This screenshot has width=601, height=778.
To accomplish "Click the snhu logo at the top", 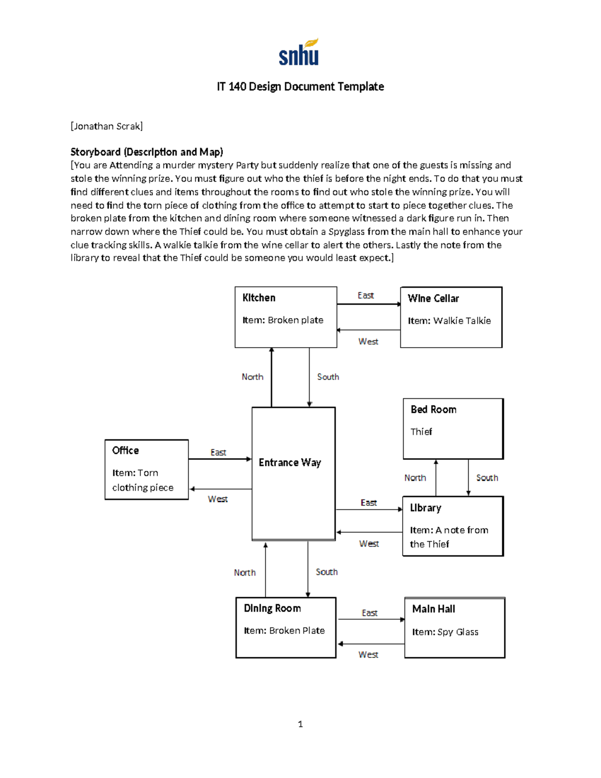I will click(x=299, y=53).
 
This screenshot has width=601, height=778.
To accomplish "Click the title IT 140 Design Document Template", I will click(x=300, y=87).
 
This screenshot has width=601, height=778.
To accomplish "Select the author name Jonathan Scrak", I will click(x=107, y=126).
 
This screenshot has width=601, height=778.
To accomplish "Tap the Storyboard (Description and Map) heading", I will click(x=147, y=152).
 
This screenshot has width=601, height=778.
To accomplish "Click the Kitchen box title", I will click(x=259, y=298).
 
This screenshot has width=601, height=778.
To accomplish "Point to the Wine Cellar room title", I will click(x=433, y=298).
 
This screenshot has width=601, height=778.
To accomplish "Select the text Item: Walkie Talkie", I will click(x=449, y=321).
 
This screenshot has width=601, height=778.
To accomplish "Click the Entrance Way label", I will click(x=289, y=462).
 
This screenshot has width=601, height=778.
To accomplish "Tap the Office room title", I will click(x=125, y=450).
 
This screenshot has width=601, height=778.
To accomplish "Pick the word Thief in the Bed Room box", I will click(x=421, y=431).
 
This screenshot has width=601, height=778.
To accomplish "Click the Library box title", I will click(x=425, y=507).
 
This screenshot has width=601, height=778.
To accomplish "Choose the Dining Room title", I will click(x=272, y=608).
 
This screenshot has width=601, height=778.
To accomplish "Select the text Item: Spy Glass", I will click(x=445, y=632).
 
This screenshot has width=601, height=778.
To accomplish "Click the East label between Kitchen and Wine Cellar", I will click(x=366, y=296).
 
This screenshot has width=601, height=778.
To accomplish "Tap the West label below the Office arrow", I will click(x=218, y=499).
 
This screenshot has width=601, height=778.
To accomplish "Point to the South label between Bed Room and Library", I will click(x=487, y=477).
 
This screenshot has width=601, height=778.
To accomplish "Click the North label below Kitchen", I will click(x=252, y=377).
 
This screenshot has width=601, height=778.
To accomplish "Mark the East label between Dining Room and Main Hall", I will click(x=370, y=613).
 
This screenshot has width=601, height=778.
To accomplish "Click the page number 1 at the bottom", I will click(x=300, y=724).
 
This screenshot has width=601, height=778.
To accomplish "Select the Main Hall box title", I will click(x=433, y=609).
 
